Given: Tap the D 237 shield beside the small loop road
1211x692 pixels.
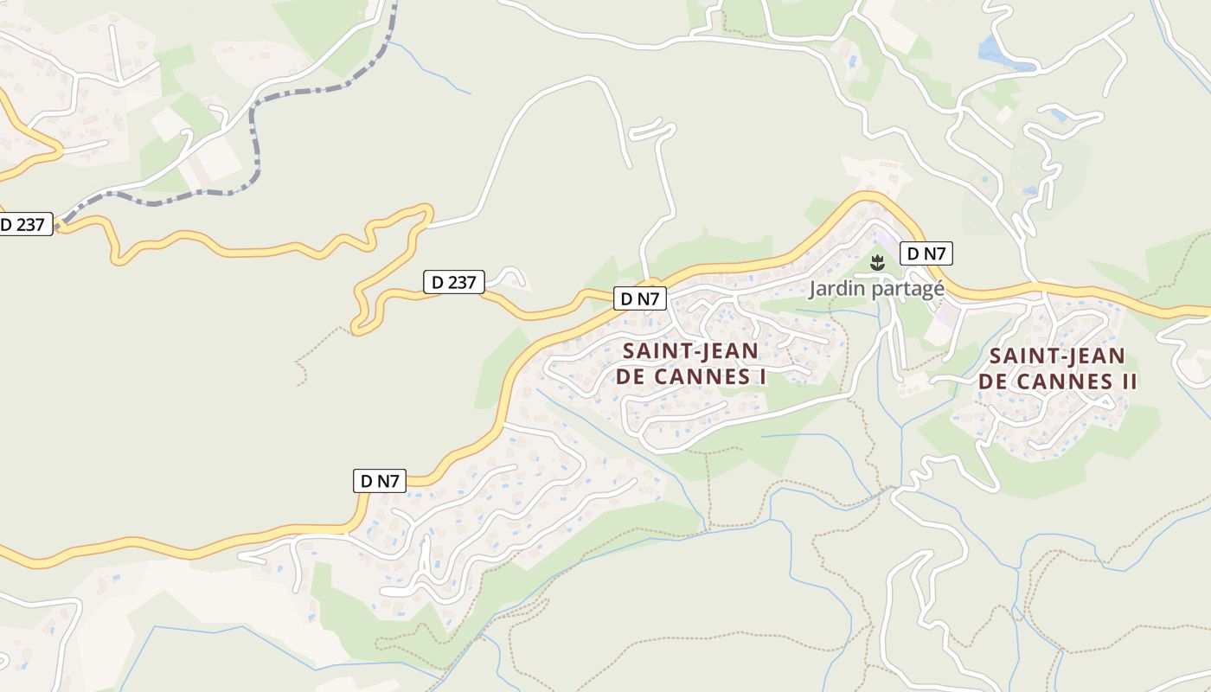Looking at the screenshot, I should click(x=453, y=282).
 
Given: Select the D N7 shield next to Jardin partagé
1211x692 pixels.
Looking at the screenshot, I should click(x=926, y=253).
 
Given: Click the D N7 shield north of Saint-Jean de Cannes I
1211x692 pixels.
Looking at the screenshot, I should click(x=640, y=299).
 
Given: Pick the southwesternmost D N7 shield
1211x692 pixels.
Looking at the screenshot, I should click(x=380, y=482).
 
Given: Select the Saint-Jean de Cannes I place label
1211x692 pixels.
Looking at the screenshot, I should click(x=690, y=364).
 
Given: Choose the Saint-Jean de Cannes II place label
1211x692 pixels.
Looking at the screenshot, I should click(x=1057, y=369).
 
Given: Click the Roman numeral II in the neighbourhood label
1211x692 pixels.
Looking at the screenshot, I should click(x=1126, y=382).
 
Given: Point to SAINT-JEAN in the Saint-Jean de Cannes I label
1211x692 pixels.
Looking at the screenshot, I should click(x=690, y=351).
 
